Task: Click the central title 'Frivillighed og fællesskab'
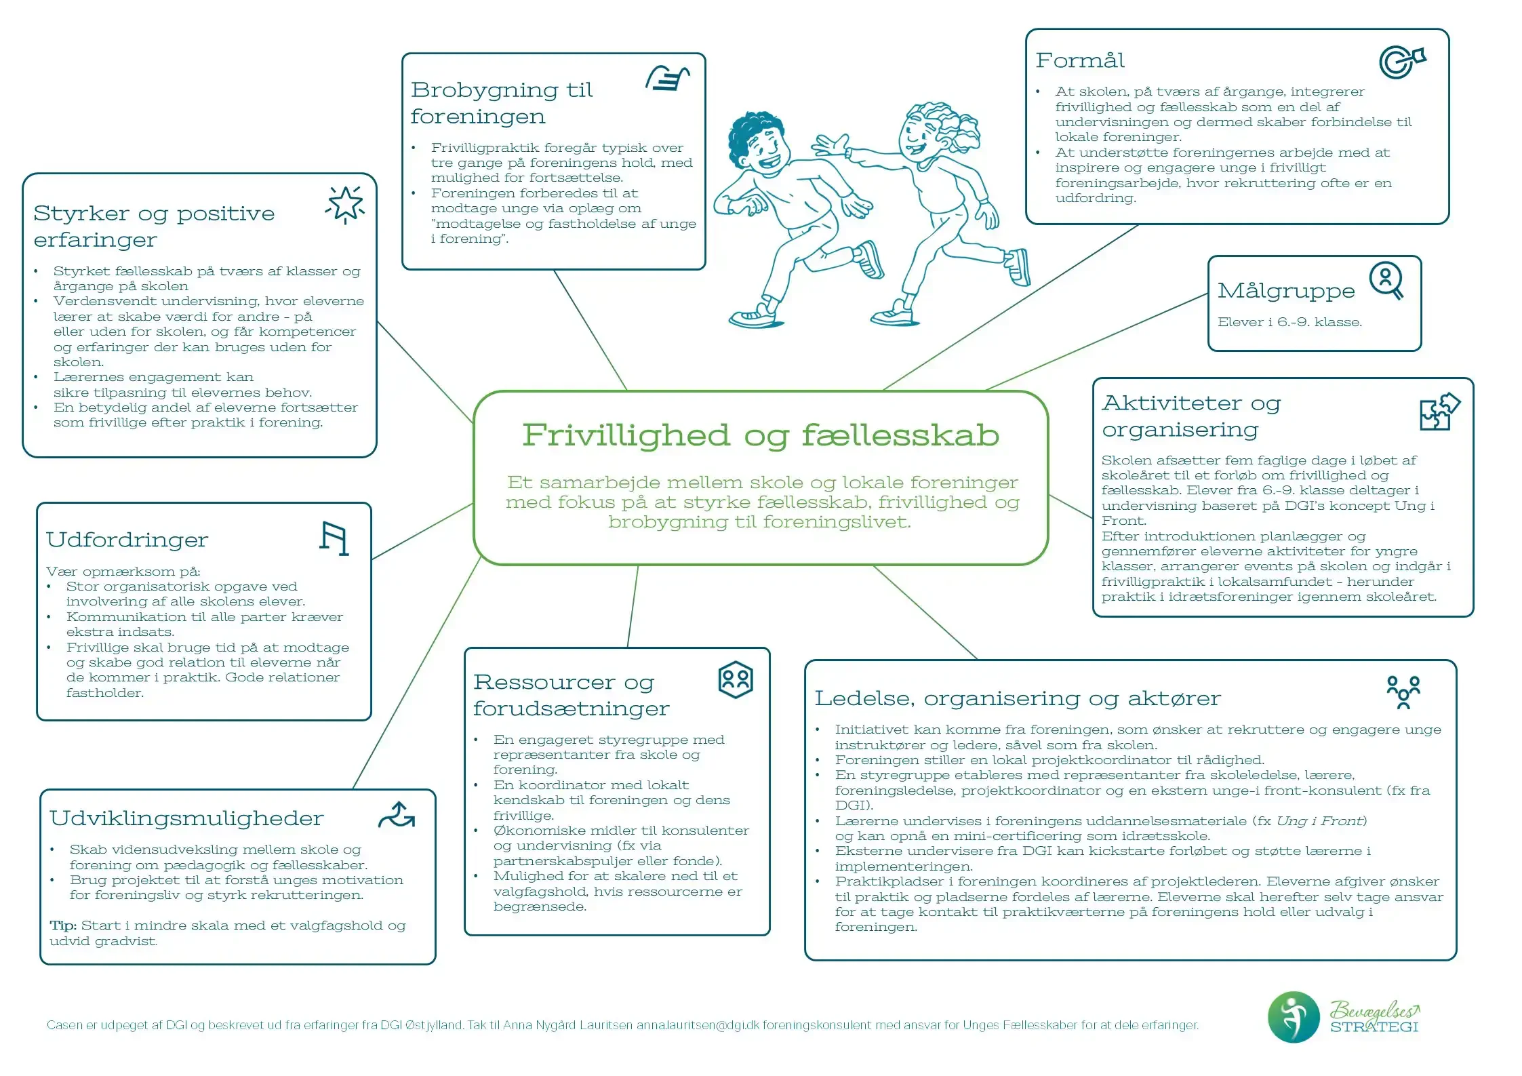click(761, 435)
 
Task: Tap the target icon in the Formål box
click(1401, 62)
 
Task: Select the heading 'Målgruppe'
click(1285, 291)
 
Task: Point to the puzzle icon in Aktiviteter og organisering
click(1439, 412)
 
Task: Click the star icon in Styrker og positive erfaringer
click(345, 203)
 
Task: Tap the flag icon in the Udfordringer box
click(334, 539)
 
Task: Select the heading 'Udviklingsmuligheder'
click(186, 818)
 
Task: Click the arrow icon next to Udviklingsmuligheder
click(397, 815)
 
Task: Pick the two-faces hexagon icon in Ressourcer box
click(735, 679)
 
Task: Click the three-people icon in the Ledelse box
click(1403, 692)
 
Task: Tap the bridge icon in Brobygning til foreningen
click(667, 79)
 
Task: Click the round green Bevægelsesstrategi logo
click(1293, 1017)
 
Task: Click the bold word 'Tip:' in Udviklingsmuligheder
click(63, 925)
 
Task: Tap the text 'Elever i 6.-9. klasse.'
click(1289, 322)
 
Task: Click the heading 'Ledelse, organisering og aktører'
click(1017, 698)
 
